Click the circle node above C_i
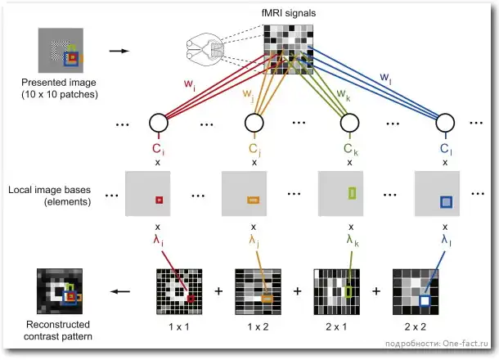tap(158, 123)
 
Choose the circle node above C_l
tap(445, 123)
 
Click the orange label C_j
tap(254, 150)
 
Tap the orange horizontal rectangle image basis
tap(253, 199)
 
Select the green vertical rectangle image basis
tap(352, 194)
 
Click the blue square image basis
tap(446, 201)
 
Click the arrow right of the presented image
tap(119, 52)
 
